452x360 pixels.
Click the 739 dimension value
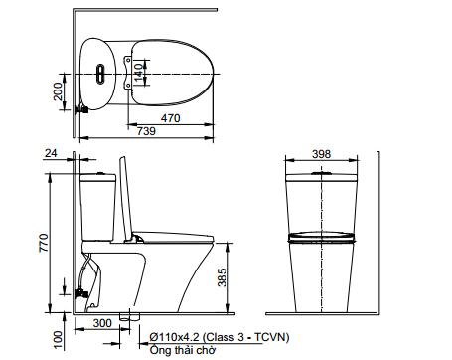(146, 131)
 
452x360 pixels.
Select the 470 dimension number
(170, 118)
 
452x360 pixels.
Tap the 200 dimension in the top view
(58, 91)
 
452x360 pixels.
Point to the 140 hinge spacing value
(139, 73)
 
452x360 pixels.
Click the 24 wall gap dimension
(51, 153)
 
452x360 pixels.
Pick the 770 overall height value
(44, 243)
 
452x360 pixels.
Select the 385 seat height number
(223, 277)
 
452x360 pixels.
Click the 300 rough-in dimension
(102, 323)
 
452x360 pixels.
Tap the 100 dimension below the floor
(58, 340)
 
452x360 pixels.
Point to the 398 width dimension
(321, 154)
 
